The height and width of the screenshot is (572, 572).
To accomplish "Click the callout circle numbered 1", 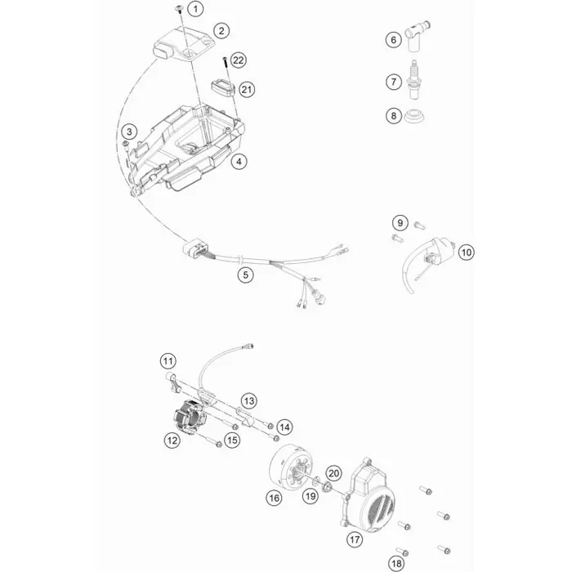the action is click(x=195, y=9).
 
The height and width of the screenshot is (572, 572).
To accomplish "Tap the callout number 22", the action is click(x=239, y=60).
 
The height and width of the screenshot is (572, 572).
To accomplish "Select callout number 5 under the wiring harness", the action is click(x=245, y=275).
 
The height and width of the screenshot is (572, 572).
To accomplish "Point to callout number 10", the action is click(x=467, y=252).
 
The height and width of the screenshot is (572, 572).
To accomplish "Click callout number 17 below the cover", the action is click(x=355, y=539).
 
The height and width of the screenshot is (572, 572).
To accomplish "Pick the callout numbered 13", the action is click(x=249, y=401).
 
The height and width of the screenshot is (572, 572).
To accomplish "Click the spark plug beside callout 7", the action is click(x=413, y=79).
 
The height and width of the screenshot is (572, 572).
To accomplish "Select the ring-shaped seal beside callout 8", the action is click(x=414, y=116).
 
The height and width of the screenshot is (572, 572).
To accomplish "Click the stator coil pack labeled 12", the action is click(x=190, y=417).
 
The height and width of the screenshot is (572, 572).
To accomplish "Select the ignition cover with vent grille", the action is click(x=368, y=493).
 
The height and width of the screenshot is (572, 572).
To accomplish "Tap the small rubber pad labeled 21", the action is click(x=223, y=87).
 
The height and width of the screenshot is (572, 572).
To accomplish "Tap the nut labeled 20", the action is click(x=327, y=486).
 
